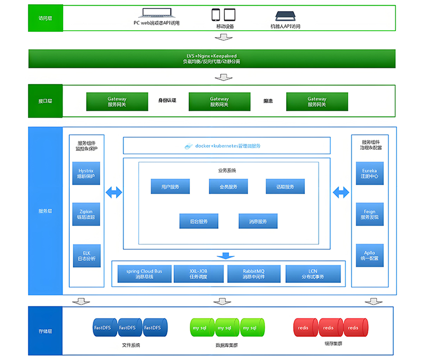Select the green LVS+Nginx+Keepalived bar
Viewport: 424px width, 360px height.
click(211, 59)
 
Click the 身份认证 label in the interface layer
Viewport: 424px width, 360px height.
click(167, 101)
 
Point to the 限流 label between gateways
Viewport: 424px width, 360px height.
click(268, 101)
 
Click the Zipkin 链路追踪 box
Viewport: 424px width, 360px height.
click(85, 214)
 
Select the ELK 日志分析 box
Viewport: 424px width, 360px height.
click(85, 256)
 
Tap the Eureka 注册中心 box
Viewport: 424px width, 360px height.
click(369, 173)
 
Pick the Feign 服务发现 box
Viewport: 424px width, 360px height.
click(369, 214)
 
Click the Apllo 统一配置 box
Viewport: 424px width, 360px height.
click(369, 256)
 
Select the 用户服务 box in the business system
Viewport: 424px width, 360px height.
click(170, 186)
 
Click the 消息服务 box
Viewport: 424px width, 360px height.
click(257, 221)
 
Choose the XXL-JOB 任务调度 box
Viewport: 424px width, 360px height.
click(198, 274)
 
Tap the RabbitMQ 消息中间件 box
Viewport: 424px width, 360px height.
click(253, 274)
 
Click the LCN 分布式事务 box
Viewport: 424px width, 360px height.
click(313, 274)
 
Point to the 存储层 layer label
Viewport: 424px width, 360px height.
click(45, 331)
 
